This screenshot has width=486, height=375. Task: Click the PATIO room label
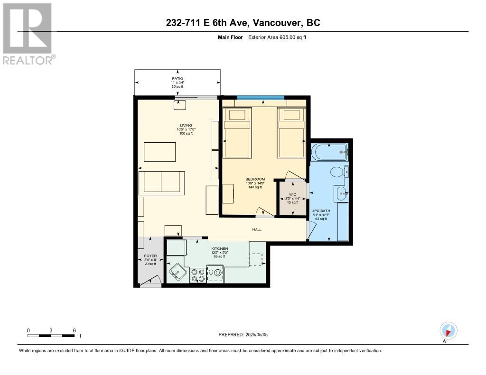(178, 79)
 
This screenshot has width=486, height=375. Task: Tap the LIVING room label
(186, 126)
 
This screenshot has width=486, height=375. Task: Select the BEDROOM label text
(255, 179)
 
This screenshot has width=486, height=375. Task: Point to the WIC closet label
(292, 195)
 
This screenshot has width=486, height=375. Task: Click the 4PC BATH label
(321, 211)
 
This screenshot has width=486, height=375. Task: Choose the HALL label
(257, 229)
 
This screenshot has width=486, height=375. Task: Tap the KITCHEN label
(220, 249)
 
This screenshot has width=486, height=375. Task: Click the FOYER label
(150, 256)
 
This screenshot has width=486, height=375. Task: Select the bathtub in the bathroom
(330, 152)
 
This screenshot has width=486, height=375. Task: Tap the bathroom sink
(341, 193)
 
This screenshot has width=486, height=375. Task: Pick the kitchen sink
(178, 273)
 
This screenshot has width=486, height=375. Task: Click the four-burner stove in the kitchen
(198, 275)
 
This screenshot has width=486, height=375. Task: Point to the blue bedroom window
(261, 98)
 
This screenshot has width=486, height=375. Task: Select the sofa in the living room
(162, 183)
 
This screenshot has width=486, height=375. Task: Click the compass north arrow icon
(448, 331)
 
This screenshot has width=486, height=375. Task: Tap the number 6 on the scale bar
(75, 330)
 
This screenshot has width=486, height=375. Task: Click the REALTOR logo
(28, 34)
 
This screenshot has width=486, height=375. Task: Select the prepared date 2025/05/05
(256, 335)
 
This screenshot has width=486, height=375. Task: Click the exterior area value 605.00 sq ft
(293, 37)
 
